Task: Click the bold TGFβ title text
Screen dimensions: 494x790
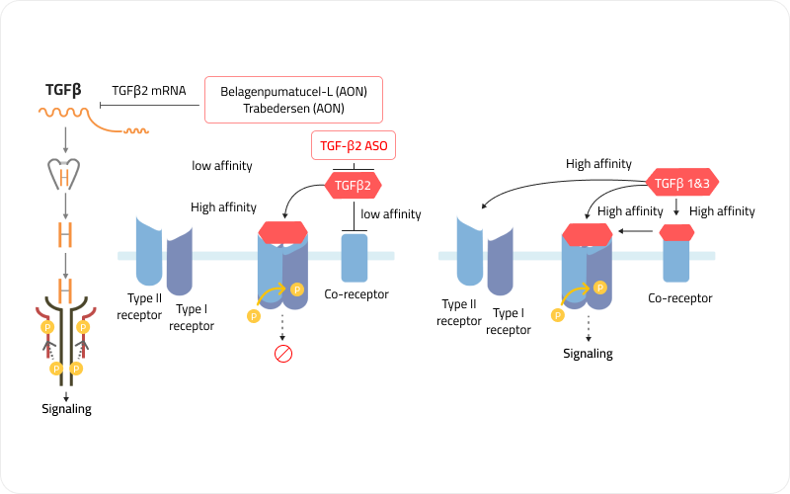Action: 63,90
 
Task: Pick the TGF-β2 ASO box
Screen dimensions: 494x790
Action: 355,146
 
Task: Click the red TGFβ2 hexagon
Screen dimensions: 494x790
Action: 354,183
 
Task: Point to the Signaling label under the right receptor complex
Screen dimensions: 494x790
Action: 589,353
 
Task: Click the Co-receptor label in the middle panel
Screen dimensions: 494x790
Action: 356,294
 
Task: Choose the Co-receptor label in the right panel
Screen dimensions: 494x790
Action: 680,297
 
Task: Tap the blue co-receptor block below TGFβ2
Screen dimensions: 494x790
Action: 355,257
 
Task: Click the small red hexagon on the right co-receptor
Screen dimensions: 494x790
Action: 676,232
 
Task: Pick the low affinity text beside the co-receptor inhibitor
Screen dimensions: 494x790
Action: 391,213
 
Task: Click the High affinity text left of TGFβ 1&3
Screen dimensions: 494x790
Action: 598,164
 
